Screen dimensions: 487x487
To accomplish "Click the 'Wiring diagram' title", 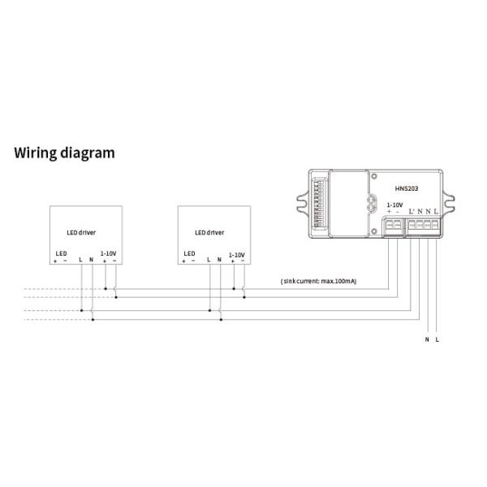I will tap(64, 152).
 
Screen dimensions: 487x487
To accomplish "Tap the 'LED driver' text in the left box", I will tap(80, 231).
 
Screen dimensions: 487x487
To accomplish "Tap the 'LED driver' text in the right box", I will tap(209, 231).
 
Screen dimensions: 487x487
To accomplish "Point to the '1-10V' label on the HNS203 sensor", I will tap(395, 205).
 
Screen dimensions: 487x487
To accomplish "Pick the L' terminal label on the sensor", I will tap(412, 213).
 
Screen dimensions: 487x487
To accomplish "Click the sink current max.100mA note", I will tap(317, 281).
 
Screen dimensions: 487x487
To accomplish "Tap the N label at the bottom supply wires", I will tap(427, 339).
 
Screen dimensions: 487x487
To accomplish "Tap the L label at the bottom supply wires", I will tap(437, 339).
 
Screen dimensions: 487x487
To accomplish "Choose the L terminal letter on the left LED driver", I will tap(80, 260).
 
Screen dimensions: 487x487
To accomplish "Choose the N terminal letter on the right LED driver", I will tap(219, 260).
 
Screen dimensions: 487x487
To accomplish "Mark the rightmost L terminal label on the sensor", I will tap(437, 213).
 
